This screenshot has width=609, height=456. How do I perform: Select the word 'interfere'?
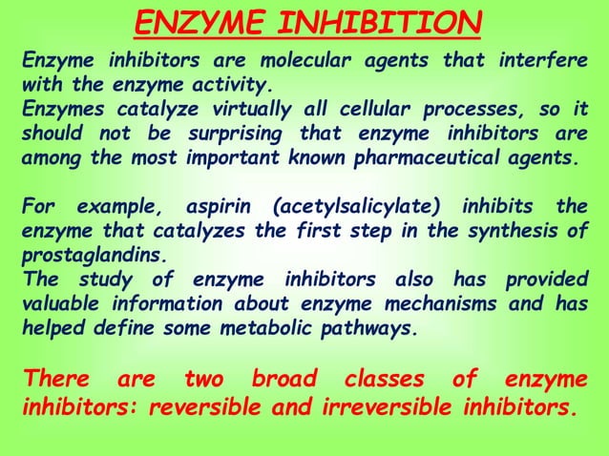pos(542,62)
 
